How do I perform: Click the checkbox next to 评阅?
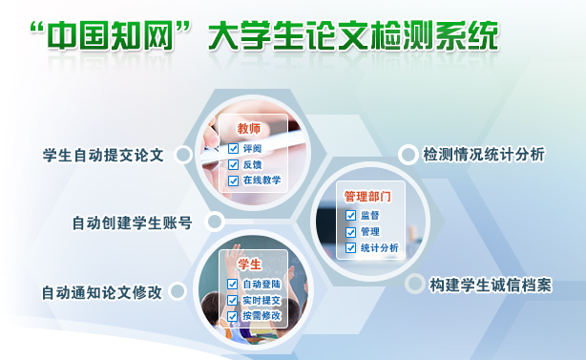click(x=233, y=149)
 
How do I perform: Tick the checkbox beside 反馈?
click(x=233, y=164)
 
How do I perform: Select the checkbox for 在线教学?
click(x=233, y=180)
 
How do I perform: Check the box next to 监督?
click(x=350, y=215)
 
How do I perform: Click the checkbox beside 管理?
click(x=350, y=231)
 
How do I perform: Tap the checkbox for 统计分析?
click(x=350, y=248)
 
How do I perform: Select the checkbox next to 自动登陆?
click(x=232, y=285)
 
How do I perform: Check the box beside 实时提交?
click(x=232, y=301)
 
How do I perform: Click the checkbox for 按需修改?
click(x=232, y=316)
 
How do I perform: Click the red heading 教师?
click(x=249, y=129)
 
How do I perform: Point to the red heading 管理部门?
click(x=367, y=196)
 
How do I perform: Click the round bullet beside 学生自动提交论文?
click(x=180, y=154)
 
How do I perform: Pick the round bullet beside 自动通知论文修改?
click(x=178, y=291)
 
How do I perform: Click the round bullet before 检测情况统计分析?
click(x=408, y=154)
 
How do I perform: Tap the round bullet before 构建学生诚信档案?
click(x=414, y=284)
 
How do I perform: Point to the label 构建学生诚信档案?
click(x=490, y=285)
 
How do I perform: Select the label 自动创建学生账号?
click(x=132, y=223)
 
